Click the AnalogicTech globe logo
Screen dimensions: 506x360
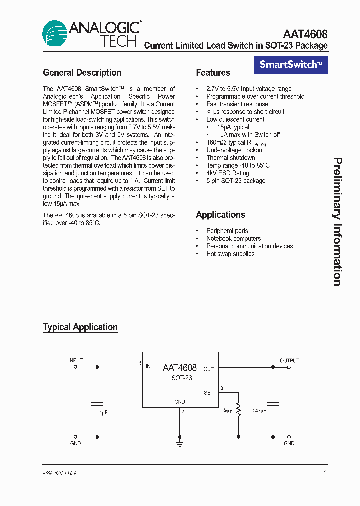point(54,33)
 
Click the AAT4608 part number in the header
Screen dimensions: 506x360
point(305,34)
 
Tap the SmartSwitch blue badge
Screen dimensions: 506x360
point(291,64)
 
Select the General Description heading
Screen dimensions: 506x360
point(82,73)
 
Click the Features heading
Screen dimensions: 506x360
point(213,73)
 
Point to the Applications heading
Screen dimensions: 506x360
point(220,215)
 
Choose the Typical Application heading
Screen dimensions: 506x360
point(80,327)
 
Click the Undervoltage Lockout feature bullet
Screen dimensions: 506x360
point(235,150)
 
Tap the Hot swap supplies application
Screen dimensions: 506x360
point(230,254)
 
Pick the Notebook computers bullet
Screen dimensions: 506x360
point(233,239)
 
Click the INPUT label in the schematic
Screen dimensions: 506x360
point(75,360)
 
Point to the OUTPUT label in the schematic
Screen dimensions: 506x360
point(289,360)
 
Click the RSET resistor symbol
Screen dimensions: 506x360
point(238,410)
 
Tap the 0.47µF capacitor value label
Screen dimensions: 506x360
point(259,411)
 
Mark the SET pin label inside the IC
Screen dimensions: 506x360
point(208,393)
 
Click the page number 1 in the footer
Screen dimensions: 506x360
point(325,473)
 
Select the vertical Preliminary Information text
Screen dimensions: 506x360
point(337,222)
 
